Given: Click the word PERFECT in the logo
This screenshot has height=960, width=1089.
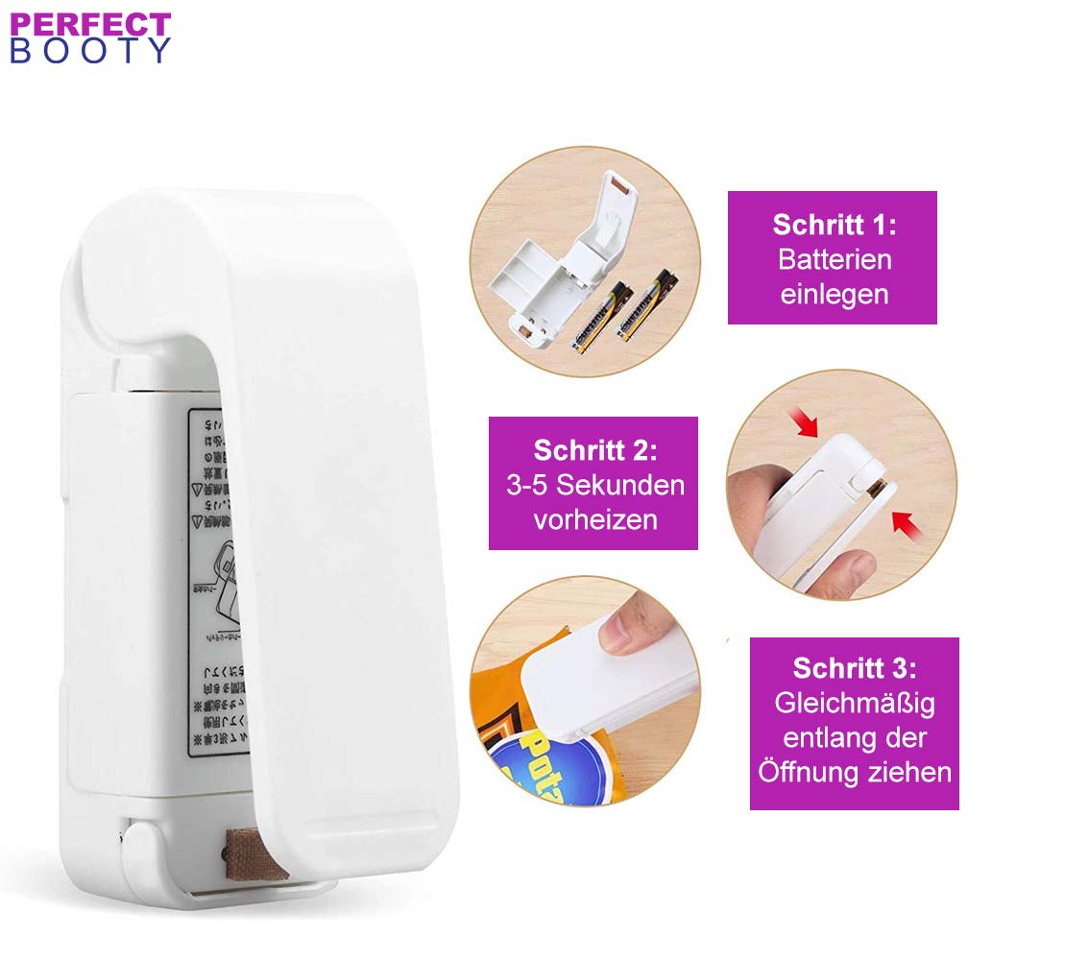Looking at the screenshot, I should click(x=90, y=23).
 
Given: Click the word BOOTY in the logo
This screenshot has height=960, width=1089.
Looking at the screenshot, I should click(x=90, y=50).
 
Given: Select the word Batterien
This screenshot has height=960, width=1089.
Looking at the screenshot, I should click(x=834, y=259).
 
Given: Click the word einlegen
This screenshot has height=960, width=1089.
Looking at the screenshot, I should click(x=834, y=294).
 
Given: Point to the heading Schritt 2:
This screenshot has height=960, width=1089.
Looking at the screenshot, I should click(x=594, y=450).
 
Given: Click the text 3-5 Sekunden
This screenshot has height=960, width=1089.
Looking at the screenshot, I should click(x=594, y=485).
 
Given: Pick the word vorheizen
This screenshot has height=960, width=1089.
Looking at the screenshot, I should click(x=594, y=519).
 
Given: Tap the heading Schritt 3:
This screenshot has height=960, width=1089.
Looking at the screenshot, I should click(x=854, y=668).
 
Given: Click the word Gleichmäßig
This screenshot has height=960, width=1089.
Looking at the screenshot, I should click(x=854, y=703).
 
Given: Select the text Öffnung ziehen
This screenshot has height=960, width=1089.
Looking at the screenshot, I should click(x=854, y=772).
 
